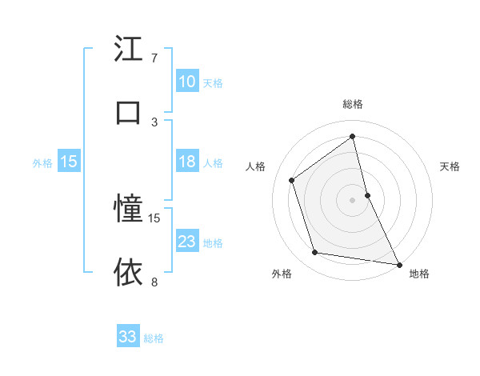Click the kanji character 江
point(129,49)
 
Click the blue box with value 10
point(186,82)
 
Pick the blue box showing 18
point(186,162)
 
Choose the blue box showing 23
point(186,242)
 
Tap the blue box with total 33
point(128,337)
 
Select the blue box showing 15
point(69,162)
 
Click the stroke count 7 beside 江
point(154,58)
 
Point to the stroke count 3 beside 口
point(154,122)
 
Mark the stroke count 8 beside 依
point(154,282)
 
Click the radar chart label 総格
point(353,104)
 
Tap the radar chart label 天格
point(450,166)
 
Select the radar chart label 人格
point(255,166)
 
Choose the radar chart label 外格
point(281,274)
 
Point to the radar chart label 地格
point(419,274)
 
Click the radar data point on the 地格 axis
point(398,264)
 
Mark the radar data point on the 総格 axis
point(353,136)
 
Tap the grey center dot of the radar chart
point(353,199)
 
